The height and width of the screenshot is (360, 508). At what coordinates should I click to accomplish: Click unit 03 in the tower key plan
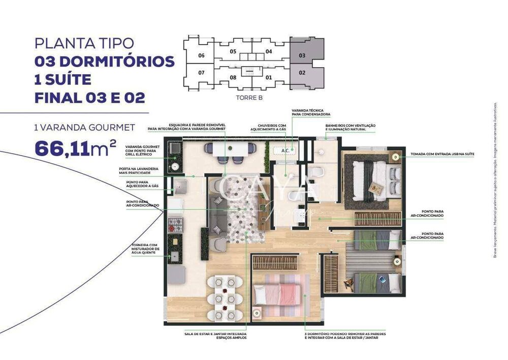302,55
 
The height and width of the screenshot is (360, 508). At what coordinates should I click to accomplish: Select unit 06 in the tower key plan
201,55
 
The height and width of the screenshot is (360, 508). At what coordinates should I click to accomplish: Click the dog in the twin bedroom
349,283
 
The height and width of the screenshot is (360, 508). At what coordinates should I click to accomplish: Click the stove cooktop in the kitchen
175,222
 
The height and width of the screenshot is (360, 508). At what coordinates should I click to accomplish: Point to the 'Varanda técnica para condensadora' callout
311,112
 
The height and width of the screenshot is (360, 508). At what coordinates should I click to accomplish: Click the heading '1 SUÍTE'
63,79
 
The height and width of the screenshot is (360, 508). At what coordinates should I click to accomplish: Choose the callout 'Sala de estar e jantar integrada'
215,336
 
